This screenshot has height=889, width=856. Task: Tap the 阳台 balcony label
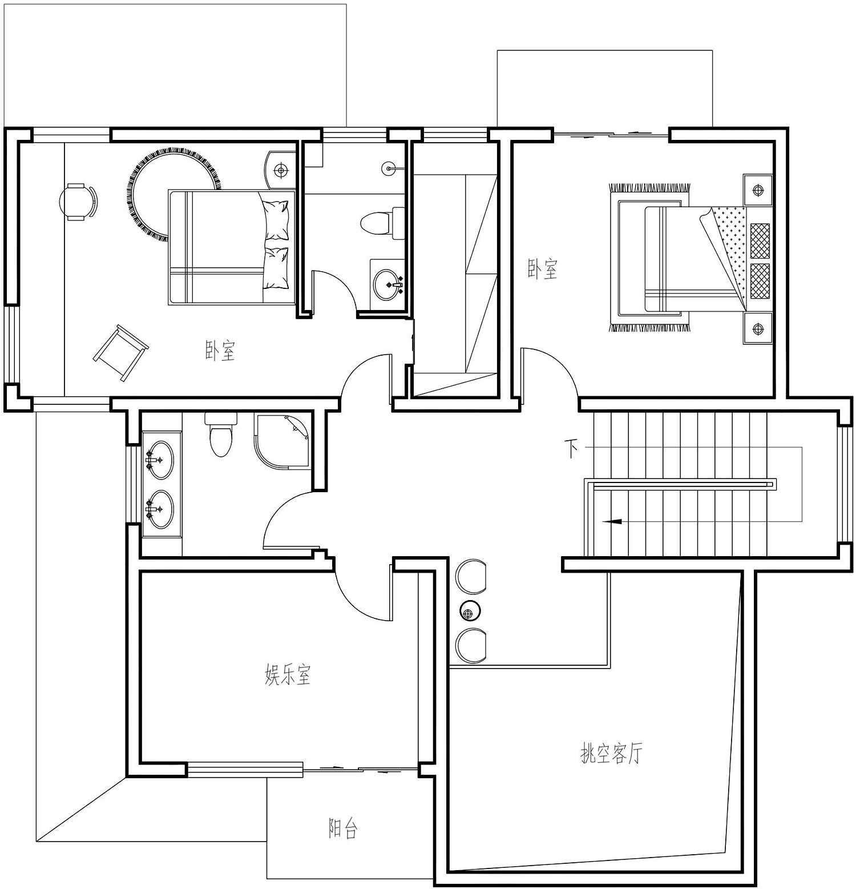click(x=343, y=828)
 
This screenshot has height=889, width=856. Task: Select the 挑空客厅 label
click(x=611, y=753)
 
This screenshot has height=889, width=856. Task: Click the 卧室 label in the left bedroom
click(x=220, y=351)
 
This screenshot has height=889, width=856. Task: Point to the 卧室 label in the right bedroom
click(x=542, y=269)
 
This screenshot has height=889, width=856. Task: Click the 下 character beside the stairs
click(x=571, y=448)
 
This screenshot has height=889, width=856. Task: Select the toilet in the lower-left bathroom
click(x=221, y=435)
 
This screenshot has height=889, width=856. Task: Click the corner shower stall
click(x=284, y=442)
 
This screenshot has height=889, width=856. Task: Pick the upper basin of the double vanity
click(x=159, y=460)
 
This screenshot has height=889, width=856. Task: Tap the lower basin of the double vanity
click(x=159, y=509)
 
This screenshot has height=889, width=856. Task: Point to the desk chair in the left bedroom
click(x=78, y=201)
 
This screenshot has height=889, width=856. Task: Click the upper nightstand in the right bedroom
click(x=758, y=190)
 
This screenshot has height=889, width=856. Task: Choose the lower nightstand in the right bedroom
click(x=758, y=328)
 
